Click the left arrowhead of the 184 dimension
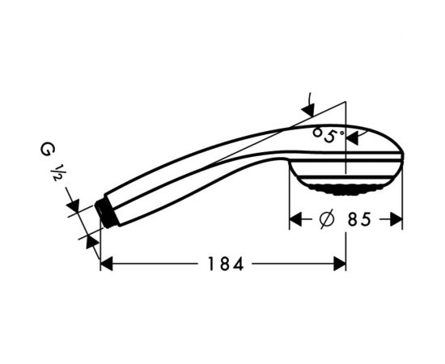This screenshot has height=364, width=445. (x=107, y=264)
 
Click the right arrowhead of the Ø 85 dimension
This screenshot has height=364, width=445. (x=396, y=219)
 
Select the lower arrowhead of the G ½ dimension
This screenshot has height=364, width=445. (x=92, y=240)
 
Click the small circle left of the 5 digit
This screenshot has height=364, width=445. (x=317, y=131)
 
